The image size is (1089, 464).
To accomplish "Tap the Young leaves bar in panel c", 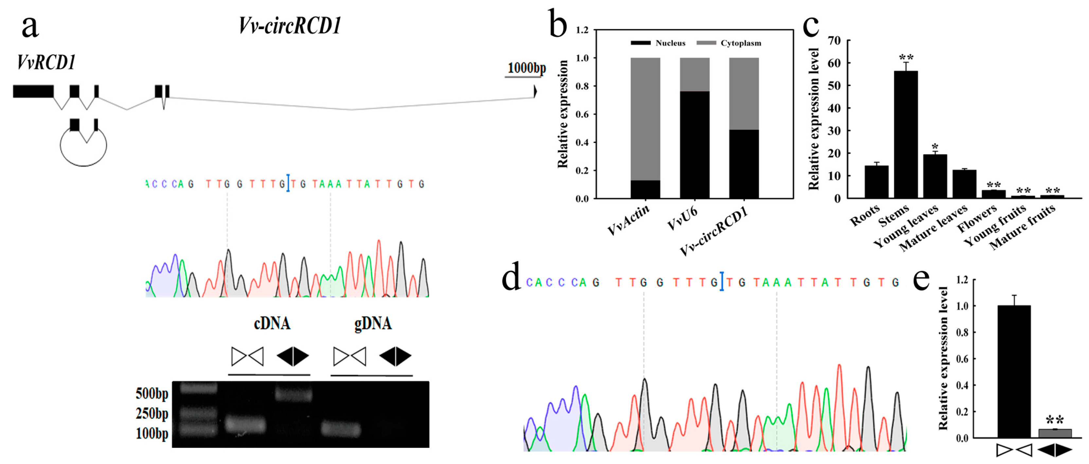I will click(x=935, y=176).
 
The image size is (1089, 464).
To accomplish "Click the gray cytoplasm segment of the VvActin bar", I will click(x=645, y=119).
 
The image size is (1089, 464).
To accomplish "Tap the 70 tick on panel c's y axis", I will click(x=834, y=41).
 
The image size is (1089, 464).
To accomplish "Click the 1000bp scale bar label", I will click(x=526, y=68).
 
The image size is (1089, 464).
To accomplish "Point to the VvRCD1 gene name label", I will click(x=46, y=62).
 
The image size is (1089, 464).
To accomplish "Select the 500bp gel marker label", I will click(x=152, y=393).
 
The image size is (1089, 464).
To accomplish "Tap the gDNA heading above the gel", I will click(x=372, y=323).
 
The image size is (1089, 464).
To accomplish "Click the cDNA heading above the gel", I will click(x=272, y=323).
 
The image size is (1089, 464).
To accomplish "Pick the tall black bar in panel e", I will click(x=1014, y=371).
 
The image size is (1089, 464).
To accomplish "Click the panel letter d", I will click(x=511, y=279).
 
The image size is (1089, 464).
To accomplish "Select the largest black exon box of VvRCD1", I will click(x=33, y=91).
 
